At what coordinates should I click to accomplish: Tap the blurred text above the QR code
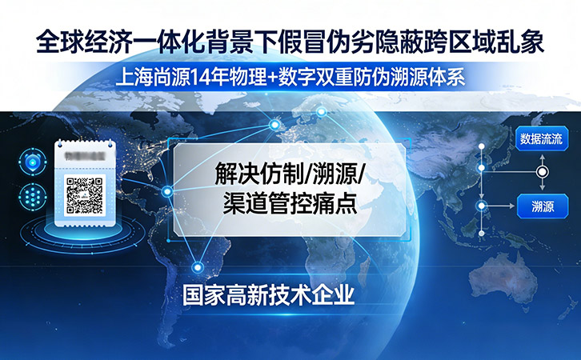(x=85, y=155)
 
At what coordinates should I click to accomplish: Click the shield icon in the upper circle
(x=32, y=162)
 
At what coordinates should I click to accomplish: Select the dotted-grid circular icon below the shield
(x=32, y=194)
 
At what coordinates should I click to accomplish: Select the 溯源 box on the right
(x=540, y=206)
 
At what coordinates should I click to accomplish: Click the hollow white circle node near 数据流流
(x=542, y=172)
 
